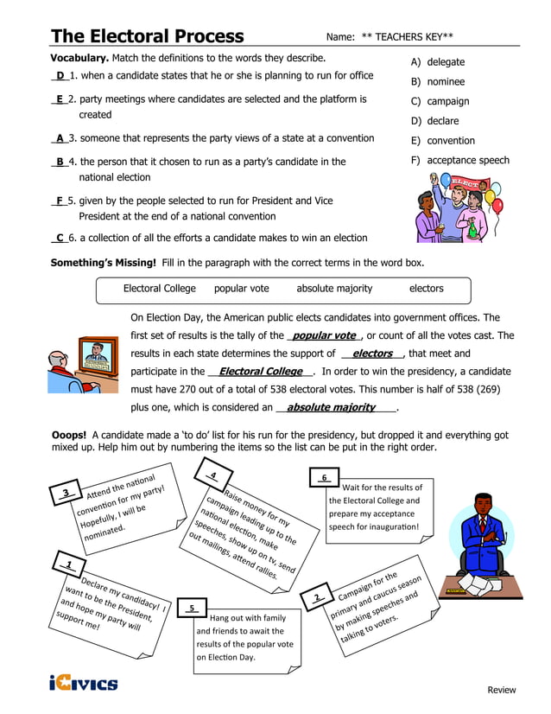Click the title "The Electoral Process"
coord(147,35)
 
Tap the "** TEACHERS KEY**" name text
coord(407,37)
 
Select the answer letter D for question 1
coord(60,76)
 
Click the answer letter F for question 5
coord(60,201)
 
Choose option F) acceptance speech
coord(459,160)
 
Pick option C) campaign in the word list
coord(440,101)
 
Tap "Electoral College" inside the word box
coord(160,289)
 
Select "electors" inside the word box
coord(426,289)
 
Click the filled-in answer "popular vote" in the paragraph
coord(324,335)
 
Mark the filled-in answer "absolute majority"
coord(331,407)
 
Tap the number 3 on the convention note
coord(66,494)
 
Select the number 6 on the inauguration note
coord(324,477)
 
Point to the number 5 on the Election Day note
coord(192,608)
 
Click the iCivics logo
coord(83,684)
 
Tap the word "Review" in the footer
coord(502,690)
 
